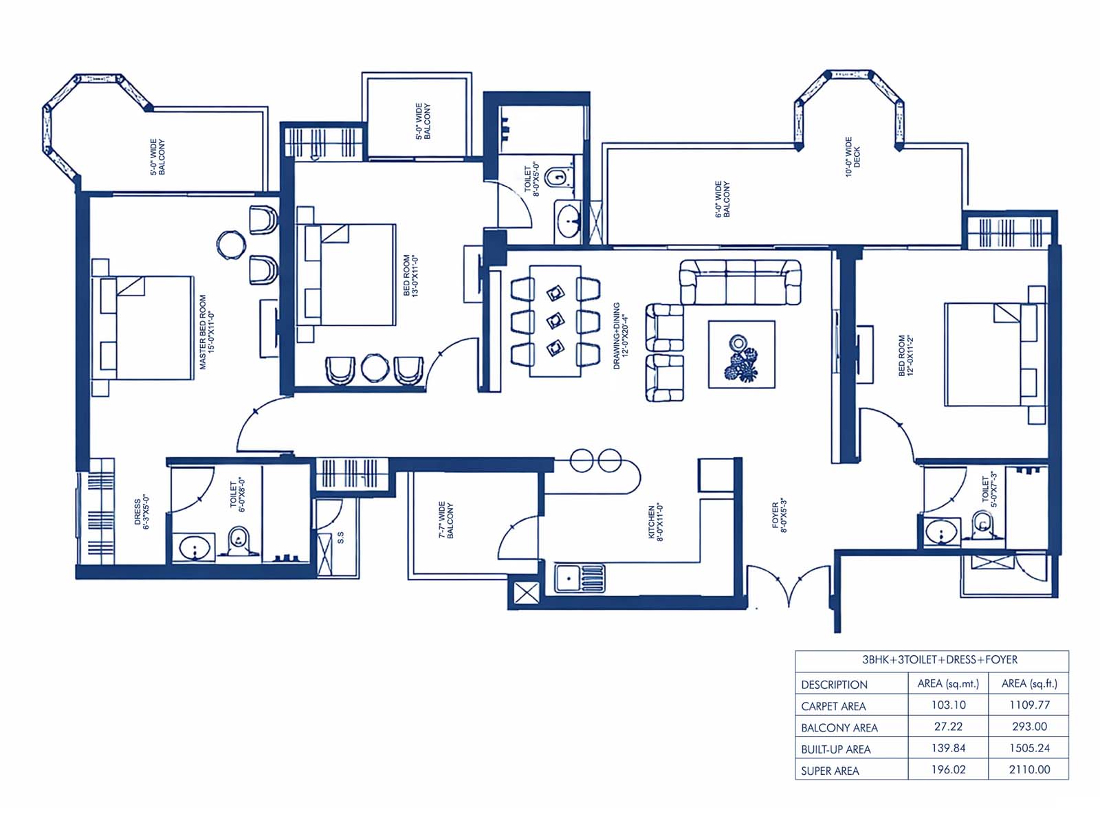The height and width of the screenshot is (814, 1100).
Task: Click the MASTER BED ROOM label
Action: click(207, 332)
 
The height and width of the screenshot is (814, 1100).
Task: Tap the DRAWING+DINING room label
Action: click(620, 335)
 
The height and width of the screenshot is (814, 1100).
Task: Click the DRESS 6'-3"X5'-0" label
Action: click(142, 511)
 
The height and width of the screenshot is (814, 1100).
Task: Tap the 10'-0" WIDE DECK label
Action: click(853, 157)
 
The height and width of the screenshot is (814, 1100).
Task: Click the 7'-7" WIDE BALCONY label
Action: click(446, 519)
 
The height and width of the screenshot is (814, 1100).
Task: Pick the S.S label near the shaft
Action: click(340, 538)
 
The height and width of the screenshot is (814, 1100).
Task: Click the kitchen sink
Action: click(580, 578)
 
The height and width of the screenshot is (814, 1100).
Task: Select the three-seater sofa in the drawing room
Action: click(740, 282)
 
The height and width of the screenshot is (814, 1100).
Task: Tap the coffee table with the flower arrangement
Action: click(741, 354)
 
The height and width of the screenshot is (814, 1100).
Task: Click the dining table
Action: click(555, 321)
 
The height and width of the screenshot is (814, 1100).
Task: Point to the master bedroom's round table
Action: click(231, 245)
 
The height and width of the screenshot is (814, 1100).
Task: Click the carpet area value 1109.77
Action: click(1029, 705)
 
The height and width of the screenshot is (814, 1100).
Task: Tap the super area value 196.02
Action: click(948, 769)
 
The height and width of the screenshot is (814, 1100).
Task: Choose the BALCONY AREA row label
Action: click(839, 727)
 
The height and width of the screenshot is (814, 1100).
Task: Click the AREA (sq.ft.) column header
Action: click(1029, 683)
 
